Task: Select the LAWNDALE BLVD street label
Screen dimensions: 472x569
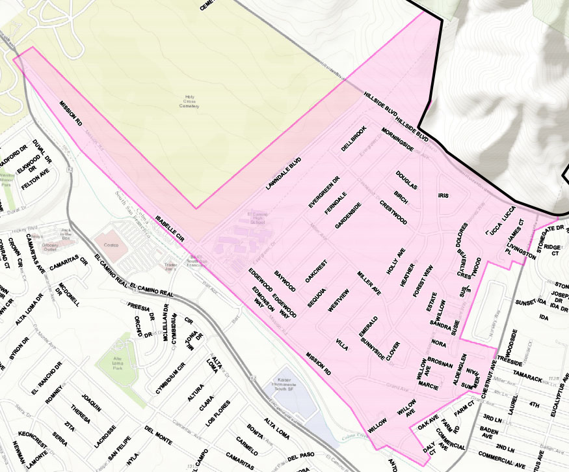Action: point(284,174)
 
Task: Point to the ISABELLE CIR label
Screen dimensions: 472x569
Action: point(170,228)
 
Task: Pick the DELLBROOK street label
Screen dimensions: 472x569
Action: point(354,138)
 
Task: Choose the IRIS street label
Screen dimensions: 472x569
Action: point(443,195)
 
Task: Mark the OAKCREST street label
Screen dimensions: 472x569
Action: point(315,270)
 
